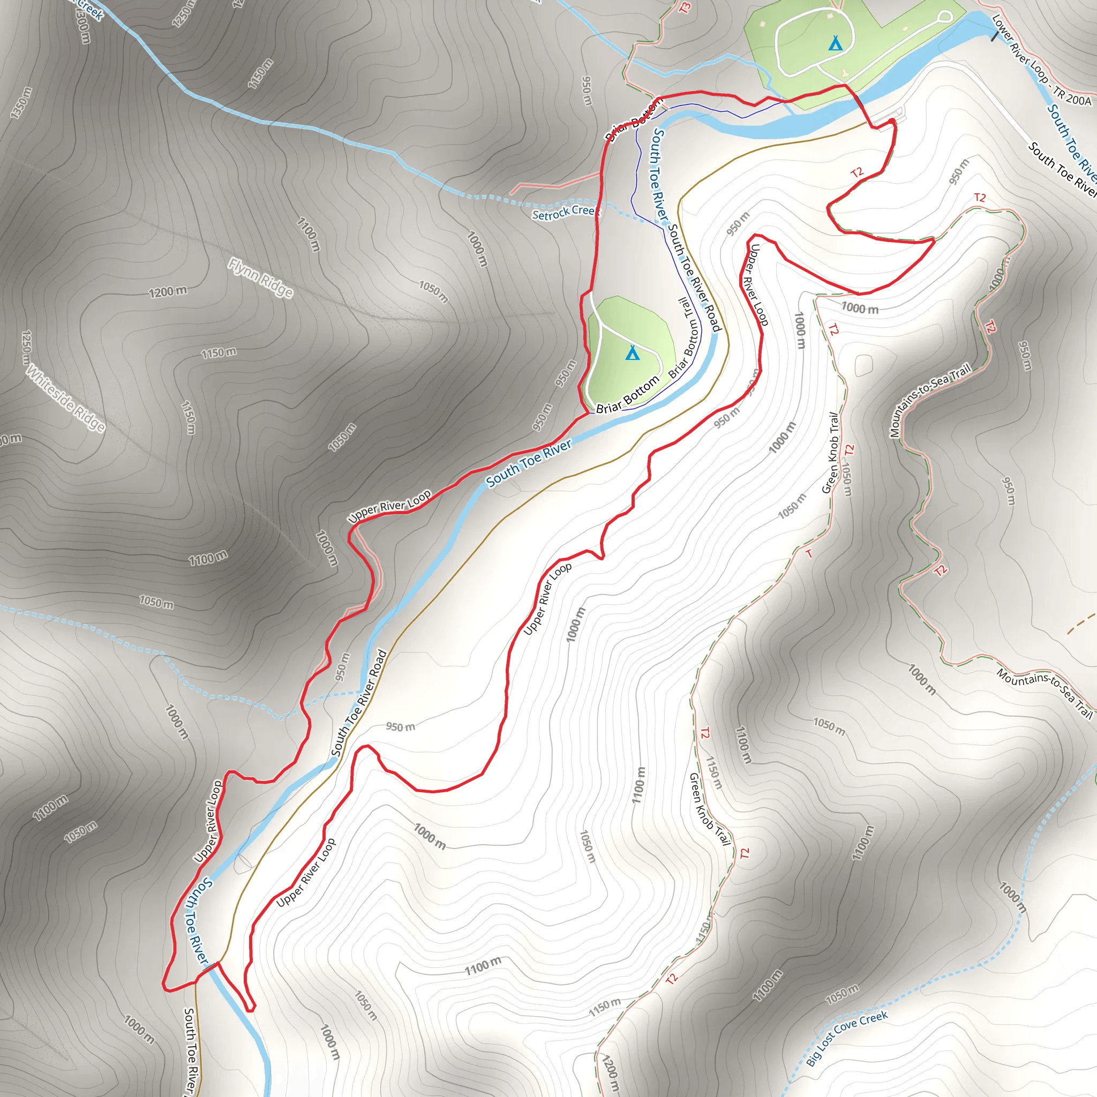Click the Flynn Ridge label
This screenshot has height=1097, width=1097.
point(261,277)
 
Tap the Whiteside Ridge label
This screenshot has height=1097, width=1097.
point(66,399)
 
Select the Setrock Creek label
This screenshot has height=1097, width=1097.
point(563,212)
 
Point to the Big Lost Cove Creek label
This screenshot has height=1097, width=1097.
point(847,1038)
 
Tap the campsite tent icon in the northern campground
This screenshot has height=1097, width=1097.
point(835,43)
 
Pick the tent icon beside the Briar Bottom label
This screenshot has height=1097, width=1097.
point(632,353)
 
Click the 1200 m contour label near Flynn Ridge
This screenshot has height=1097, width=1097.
point(168,292)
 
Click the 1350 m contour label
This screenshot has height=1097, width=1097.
point(21,103)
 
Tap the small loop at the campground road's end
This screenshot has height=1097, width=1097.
point(945,16)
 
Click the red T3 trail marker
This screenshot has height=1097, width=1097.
point(685,8)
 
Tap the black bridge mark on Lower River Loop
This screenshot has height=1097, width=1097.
point(994,35)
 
